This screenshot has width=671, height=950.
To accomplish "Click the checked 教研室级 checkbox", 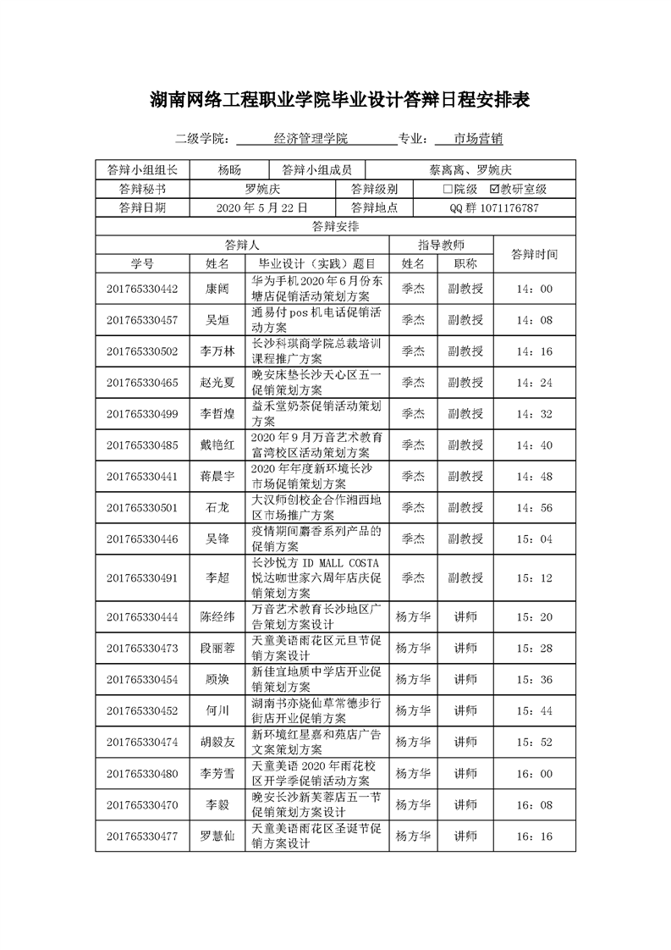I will coord(495,189).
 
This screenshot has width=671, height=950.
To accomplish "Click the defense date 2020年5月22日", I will coord(262,207).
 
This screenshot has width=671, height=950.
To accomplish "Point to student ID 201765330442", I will coord(142,289).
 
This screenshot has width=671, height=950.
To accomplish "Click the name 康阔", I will coord(217,289).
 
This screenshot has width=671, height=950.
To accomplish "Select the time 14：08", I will coord(533,320).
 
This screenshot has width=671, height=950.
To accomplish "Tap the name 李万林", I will coord(217,351).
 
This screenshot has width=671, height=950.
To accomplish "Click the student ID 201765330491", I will coord(142,578).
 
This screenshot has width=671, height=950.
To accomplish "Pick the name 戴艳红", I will coord(217,445).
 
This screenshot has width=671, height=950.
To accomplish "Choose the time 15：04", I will coord(533,539).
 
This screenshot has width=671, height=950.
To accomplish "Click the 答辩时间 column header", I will coord(534,254).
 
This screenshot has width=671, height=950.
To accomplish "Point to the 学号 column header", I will coord(142,263).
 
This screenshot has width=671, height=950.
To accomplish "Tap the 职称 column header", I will coord(465,263).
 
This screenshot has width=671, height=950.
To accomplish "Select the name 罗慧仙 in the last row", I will coord(217,837).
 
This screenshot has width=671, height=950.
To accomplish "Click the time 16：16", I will coord(533,837).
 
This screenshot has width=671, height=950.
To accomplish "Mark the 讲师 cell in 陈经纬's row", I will coord(465,617).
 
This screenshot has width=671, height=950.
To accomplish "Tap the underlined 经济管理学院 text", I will coord(311,139).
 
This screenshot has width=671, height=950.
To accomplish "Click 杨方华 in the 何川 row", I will coord(413,710).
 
